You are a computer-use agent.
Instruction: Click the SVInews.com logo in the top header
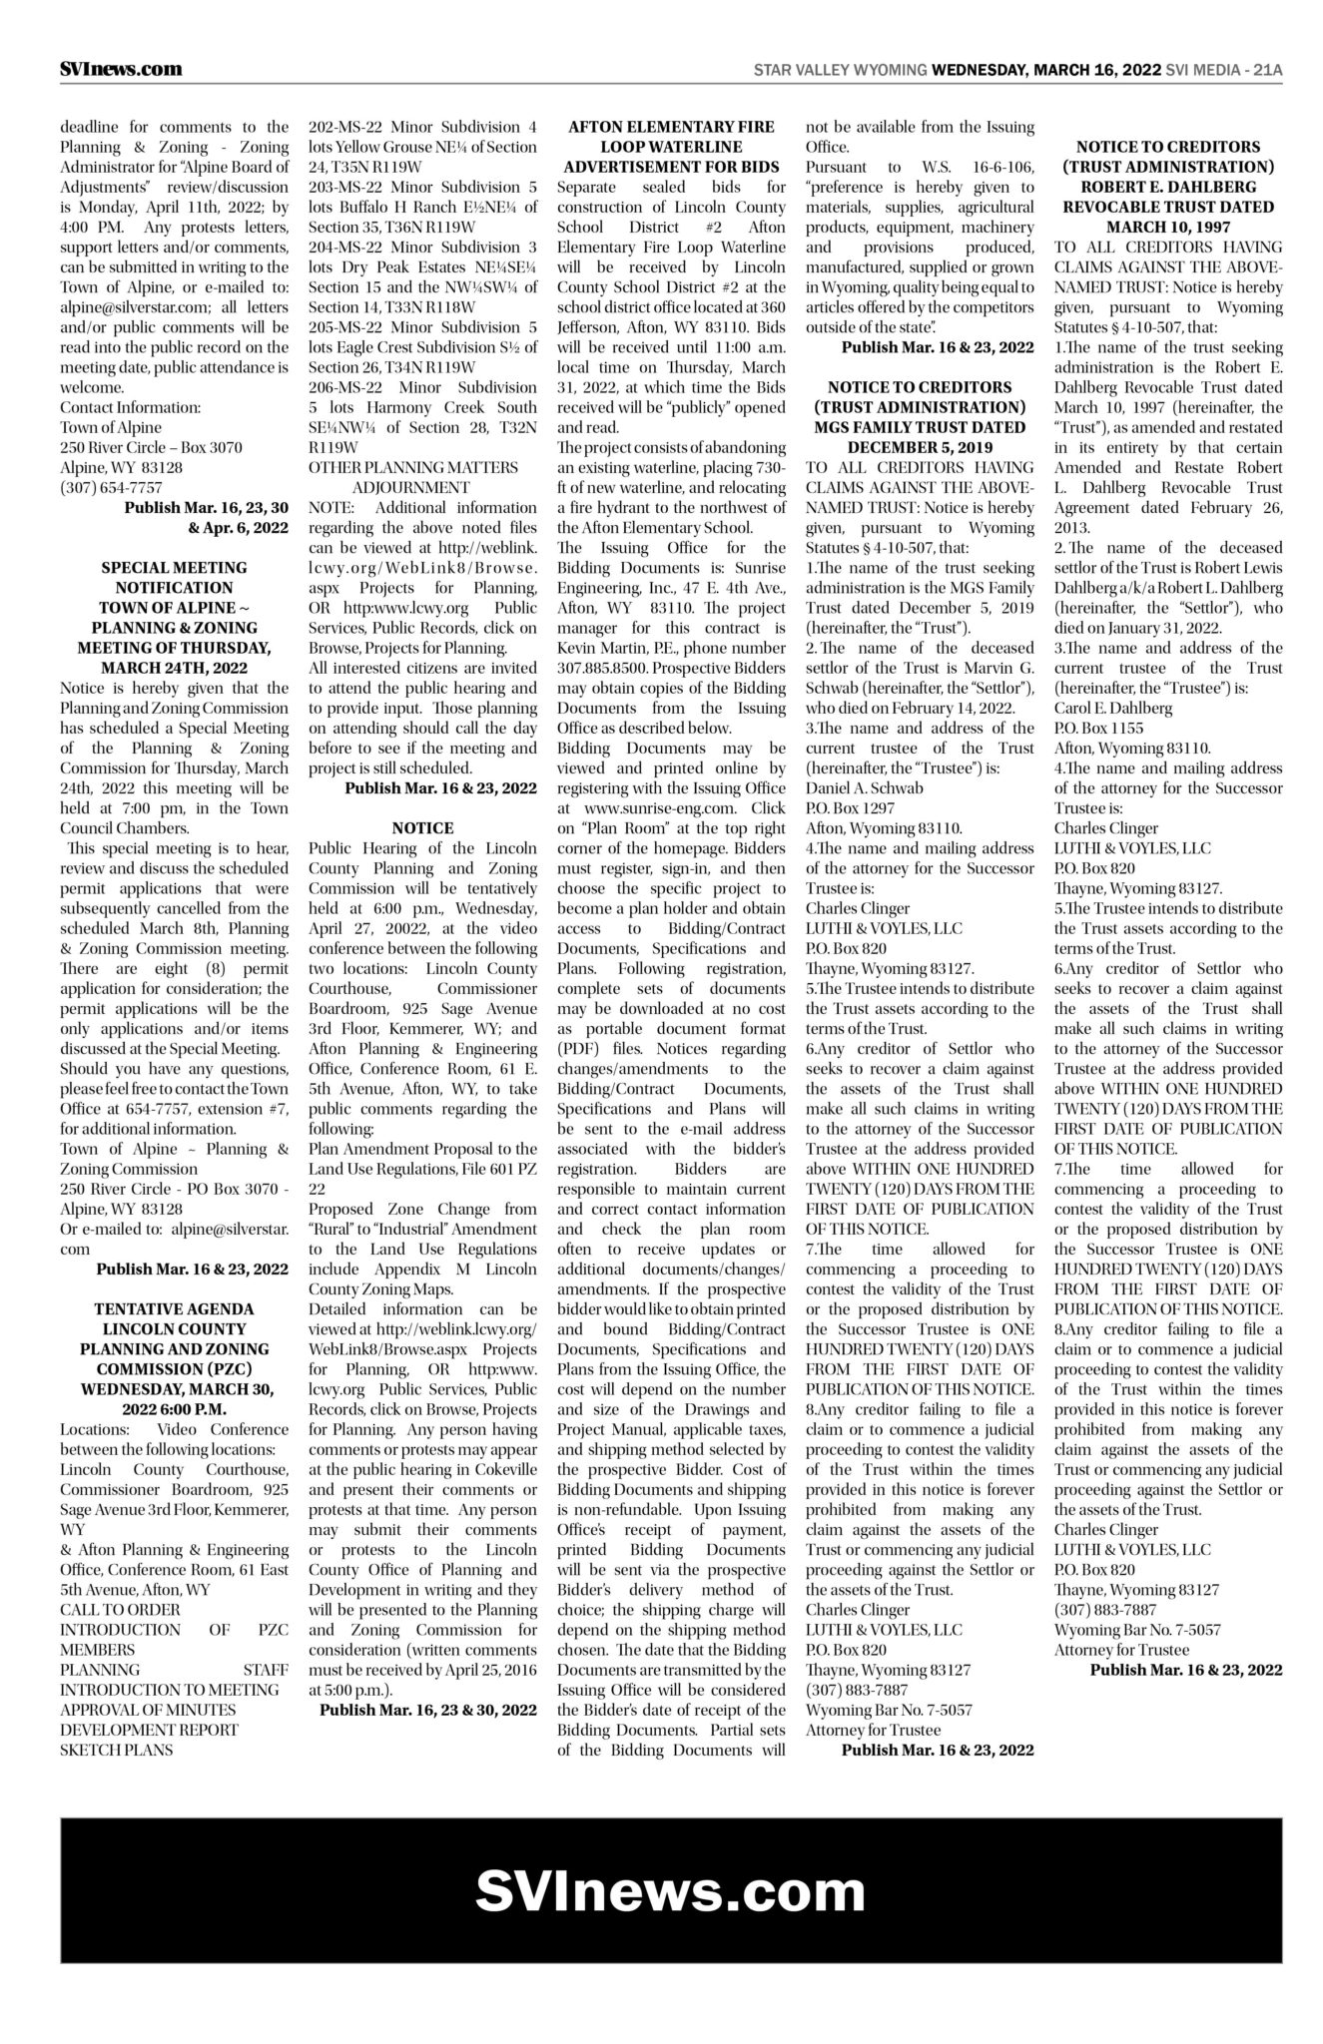[120, 69]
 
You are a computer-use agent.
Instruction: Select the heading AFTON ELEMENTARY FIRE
[671, 127]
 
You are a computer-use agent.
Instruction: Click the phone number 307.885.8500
[607, 669]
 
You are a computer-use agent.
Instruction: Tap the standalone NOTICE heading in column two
[422, 827]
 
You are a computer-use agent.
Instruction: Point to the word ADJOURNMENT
[410, 487]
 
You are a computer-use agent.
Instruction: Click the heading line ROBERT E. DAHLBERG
[1168, 187]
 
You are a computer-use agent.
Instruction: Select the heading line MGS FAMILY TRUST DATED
[919, 427]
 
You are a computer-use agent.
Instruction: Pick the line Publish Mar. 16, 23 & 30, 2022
[427, 1710]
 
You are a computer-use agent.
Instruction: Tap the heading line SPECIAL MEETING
[174, 567]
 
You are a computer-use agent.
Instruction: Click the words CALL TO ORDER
[120, 1610]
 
